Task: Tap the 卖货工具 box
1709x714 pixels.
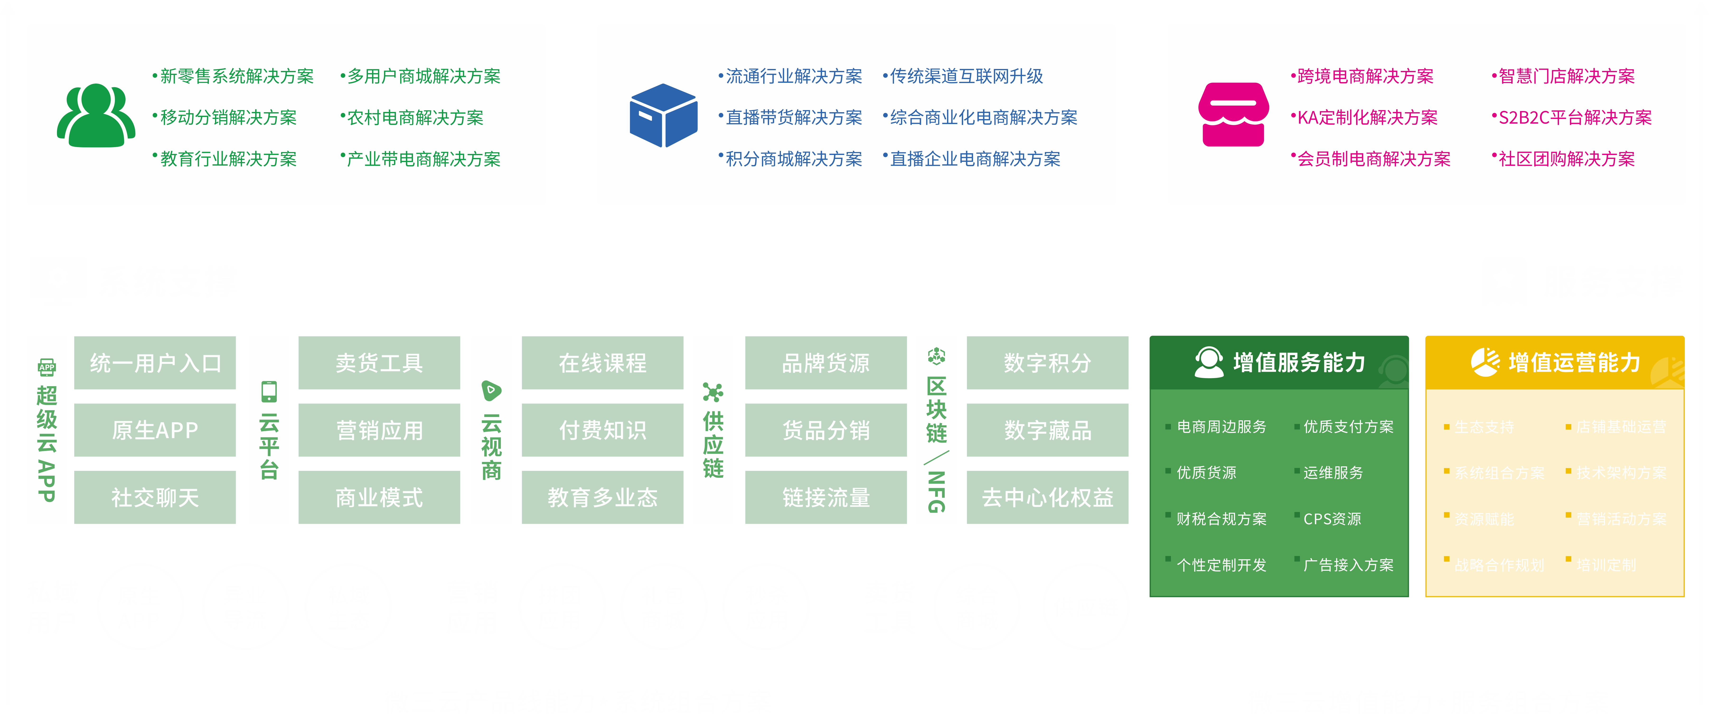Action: tap(379, 363)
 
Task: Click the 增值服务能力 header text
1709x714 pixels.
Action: tap(1299, 363)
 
